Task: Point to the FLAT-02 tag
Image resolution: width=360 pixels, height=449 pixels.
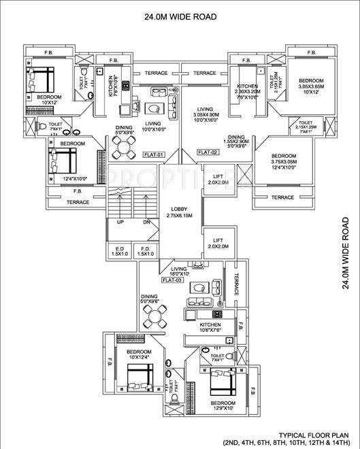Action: (208, 152)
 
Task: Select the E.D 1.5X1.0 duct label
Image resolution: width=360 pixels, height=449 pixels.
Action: (120, 252)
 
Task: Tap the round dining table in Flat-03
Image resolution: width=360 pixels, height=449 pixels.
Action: (155, 315)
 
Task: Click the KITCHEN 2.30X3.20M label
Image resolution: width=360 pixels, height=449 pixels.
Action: (246, 90)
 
